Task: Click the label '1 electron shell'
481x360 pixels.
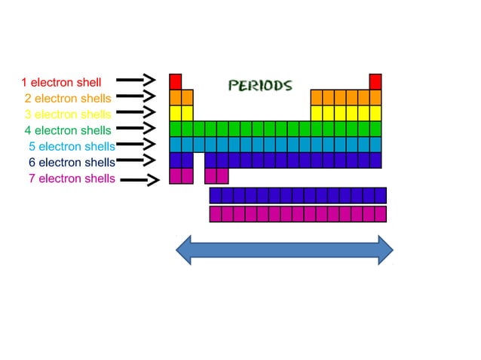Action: click(x=61, y=81)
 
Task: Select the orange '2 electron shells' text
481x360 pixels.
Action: click(x=68, y=98)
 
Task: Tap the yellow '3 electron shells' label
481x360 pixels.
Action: click(x=68, y=114)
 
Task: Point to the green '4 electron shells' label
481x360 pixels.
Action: click(x=68, y=130)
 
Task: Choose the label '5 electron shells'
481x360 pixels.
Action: click(x=72, y=146)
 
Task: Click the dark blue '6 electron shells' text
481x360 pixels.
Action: click(x=72, y=162)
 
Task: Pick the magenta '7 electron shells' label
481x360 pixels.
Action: click(x=72, y=178)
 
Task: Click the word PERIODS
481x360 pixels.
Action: click(x=260, y=85)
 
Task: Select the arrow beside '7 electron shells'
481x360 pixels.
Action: click(x=141, y=179)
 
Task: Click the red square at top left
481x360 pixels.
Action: click(x=176, y=81)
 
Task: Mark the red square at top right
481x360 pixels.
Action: click(x=375, y=81)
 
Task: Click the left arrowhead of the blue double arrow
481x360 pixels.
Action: click(x=183, y=250)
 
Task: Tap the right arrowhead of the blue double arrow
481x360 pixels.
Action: click(x=385, y=250)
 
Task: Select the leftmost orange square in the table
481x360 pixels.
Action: click(x=176, y=97)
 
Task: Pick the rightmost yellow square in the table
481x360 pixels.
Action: click(x=375, y=113)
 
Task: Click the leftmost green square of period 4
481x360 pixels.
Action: click(x=176, y=129)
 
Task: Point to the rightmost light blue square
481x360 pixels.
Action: click(x=375, y=145)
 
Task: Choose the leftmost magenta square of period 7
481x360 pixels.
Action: click(x=176, y=176)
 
